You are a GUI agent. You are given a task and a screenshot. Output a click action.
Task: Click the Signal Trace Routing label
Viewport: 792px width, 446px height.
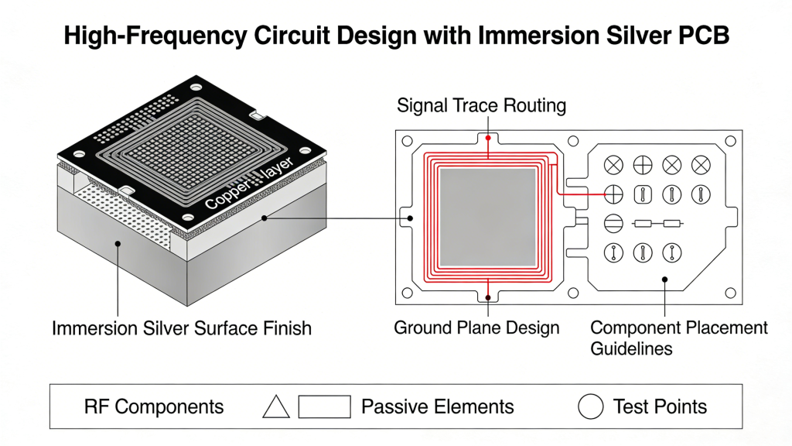coord(481,106)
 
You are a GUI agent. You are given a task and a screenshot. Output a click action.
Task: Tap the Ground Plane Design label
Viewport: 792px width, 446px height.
coord(476,328)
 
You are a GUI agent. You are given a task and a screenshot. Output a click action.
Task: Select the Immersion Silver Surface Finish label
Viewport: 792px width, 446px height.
coord(182,328)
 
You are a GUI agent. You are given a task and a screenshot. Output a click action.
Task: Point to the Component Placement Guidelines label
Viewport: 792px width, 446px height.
coord(679,338)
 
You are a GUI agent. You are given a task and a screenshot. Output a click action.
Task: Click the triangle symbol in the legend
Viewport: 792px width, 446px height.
coord(276,406)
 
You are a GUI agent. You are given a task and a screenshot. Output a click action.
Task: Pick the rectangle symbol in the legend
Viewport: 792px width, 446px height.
coord(324,406)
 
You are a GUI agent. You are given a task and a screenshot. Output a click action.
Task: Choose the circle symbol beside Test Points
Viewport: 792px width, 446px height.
coord(591,406)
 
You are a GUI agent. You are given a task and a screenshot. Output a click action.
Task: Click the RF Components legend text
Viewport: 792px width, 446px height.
coord(154,407)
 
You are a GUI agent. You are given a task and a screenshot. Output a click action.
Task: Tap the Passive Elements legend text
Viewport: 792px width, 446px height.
coord(437,407)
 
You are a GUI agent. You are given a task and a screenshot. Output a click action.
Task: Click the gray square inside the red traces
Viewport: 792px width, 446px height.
coord(487,218)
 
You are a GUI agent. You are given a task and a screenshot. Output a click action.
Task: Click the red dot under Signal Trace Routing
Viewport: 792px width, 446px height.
coord(487,138)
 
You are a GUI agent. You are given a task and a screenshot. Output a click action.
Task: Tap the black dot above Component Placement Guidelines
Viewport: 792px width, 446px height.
coord(665,280)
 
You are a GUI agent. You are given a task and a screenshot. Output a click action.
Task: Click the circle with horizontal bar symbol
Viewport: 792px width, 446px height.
coord(613,223)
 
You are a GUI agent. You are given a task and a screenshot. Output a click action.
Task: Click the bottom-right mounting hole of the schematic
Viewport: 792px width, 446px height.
coord(730,293)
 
